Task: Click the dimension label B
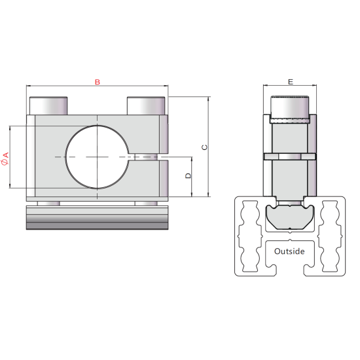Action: tap(97, 82)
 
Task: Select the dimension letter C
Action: tap(204, 147)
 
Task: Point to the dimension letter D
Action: tap(188, 176)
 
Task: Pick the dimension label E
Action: tap(290, 82)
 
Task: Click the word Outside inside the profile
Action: tap(290, 251)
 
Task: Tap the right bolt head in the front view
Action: tap(146, 105)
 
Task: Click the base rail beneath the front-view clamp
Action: tap(97, 218)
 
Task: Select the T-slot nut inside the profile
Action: tap(290, 217)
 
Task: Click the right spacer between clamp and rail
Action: tap(146, 203)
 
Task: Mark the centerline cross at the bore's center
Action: tap(97, 157)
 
